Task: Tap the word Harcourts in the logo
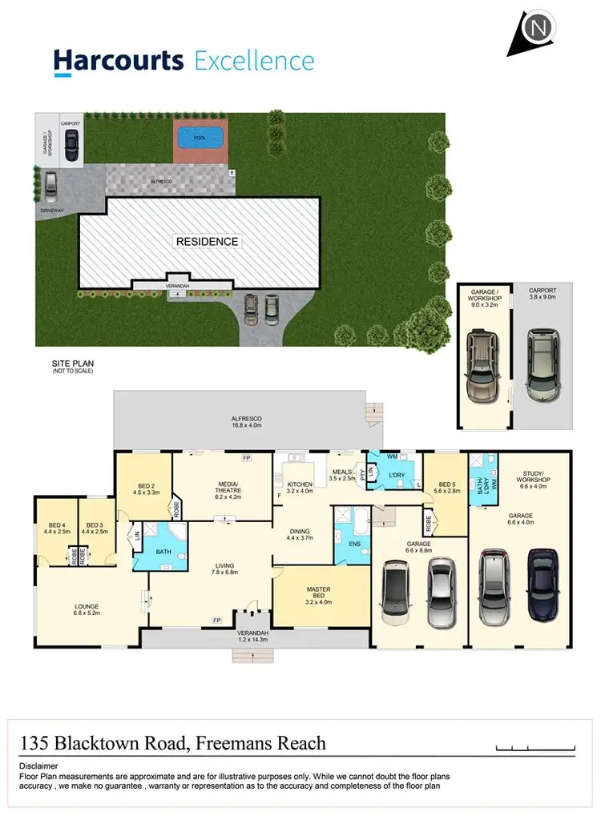pyautogui.click(x=119, y=61)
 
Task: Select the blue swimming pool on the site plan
pyautogui.click(x=199, y=138)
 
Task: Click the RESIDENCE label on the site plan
pyautogui.click(x=208, y=241)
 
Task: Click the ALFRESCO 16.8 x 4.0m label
pyautogui.click(x=248, y=424)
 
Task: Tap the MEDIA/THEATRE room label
pyautogui.click(x=224, y=490)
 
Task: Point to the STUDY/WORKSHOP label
pyautogui.click(x=532, y=484)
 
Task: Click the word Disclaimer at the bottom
pyautogui.click(x=39, y=766)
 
